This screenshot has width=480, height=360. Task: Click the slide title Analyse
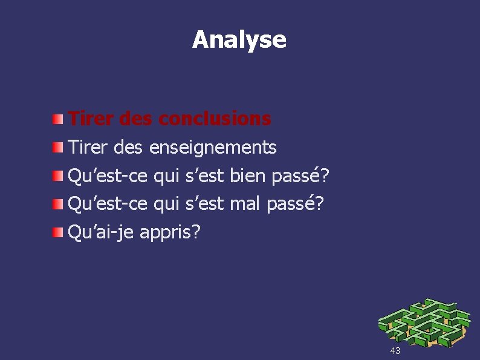coord(239,39)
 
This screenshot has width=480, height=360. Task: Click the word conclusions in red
coord(215,119)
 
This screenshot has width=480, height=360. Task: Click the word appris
coord(169,232)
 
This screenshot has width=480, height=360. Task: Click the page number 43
coord(395,351)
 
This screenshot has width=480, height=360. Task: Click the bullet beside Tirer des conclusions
coord(56,118)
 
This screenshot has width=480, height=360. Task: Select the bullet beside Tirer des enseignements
coord(56,146)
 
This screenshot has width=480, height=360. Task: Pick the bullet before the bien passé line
coord(56,175)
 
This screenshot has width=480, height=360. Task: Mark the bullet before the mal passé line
coord(56,203)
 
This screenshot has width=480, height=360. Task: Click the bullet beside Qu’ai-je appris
coord(56,232)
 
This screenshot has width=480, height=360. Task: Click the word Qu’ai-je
coord(101,232)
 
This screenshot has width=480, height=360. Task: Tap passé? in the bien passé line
coord(300,176)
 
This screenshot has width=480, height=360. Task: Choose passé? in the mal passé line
coord(295,205)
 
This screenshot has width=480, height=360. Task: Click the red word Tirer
coord(91,119)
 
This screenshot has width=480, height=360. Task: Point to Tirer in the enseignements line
coord(91,147)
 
